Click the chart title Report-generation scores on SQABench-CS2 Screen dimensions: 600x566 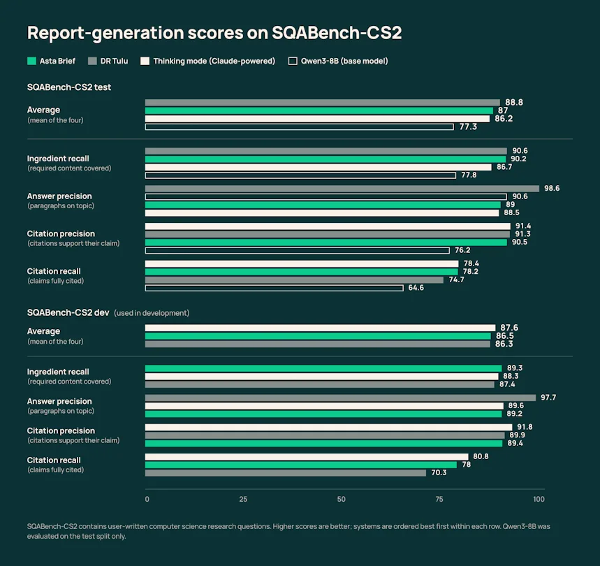(214, 33)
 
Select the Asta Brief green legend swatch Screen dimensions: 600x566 (31, 61)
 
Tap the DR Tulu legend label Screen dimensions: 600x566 (114, 61)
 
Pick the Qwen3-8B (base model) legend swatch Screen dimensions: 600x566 (293, 61)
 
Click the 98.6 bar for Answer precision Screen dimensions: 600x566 (342, 188)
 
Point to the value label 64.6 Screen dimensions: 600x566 (416, 287)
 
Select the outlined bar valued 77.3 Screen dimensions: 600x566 (299, 126)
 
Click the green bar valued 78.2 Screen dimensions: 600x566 (302, 272)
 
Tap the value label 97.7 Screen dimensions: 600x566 (548, 398)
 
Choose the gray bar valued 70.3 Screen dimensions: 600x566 (286, 473)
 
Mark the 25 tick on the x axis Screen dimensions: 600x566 (243, 499)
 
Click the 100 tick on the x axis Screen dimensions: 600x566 (539, 499)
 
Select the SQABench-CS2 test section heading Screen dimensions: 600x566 (69, 87)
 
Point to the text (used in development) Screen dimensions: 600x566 (152, 313)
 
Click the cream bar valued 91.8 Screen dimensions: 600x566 (329, 427)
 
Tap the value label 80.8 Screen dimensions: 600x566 (481, 456)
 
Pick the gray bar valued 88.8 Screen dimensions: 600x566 (323, 103)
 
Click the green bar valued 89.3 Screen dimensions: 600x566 (323, 368)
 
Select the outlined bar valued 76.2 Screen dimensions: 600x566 (298, 251)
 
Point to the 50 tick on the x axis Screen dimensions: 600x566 (342, 499)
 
